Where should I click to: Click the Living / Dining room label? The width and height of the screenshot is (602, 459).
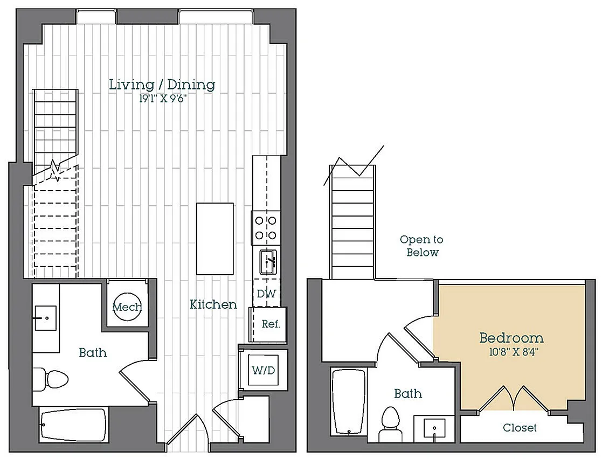[x=162, y=85]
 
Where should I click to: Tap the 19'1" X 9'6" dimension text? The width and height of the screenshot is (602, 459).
[x=163, y=99]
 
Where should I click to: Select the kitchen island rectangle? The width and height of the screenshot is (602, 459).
[x=214, y=239]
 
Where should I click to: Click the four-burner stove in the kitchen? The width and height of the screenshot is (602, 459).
[x=266, y=228]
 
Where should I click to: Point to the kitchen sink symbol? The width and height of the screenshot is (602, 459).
[x=268, y=262]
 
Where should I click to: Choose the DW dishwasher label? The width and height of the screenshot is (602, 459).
[x=266, y=294]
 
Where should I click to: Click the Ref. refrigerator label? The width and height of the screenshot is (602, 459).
[x=271, y=324]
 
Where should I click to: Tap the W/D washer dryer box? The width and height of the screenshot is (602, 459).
[x=264, y=370]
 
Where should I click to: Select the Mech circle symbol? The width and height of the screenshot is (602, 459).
[x=128, y=307]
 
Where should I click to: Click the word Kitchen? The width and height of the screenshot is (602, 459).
[x=213, y=304]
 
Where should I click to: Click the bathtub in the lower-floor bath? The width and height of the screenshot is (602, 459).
[x=73, y=425]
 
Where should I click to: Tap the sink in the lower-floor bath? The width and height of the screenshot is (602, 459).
[x=46, y=318]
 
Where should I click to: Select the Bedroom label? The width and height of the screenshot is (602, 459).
[x=511, y=338]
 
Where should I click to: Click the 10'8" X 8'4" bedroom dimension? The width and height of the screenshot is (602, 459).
[x=514, y=352]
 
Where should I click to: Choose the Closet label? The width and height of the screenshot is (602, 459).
[x=520, y=428]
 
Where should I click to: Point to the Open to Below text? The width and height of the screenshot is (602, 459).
[x=422, y=246]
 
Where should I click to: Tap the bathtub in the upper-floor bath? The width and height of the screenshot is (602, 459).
[x=349, y=402]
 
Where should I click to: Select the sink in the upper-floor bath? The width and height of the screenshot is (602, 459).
[x=434, y=429]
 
